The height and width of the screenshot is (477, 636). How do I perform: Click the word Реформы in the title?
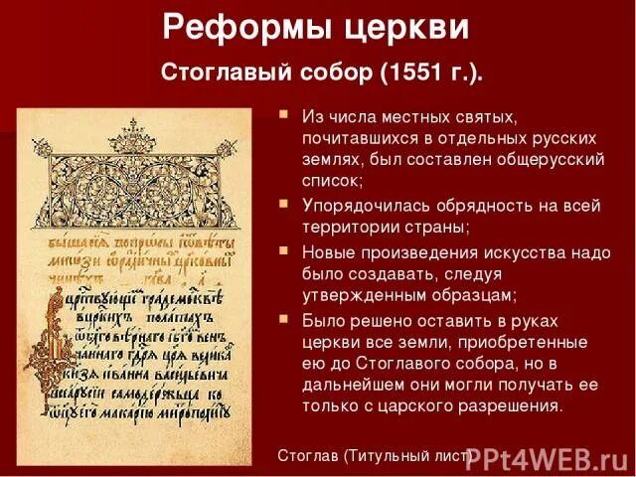(x=230, y=27)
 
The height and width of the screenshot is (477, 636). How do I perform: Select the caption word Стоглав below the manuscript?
(x=308, y=456)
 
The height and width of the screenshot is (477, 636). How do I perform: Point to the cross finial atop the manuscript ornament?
(x=133, y=125)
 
